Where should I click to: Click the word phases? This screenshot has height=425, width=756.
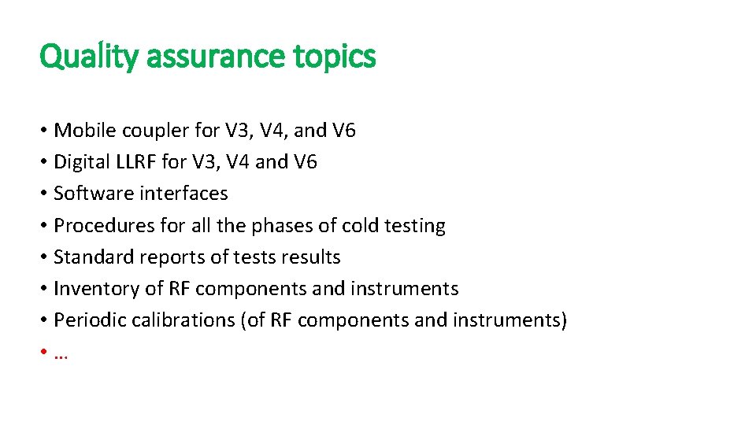(x=283, y=226)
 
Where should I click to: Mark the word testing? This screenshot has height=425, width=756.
(x=414, y=226)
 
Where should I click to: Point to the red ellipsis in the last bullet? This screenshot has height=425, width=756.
(x=61, y=355)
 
